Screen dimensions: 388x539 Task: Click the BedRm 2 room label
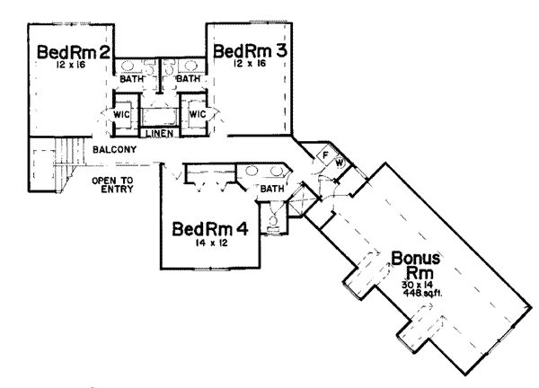click(74, 54)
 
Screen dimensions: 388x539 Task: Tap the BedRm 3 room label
click(251, 51)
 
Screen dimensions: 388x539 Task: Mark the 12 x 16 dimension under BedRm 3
click(246, 66)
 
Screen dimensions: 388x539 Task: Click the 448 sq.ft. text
click(420, 293)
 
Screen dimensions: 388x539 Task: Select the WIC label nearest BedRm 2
click(123, 115)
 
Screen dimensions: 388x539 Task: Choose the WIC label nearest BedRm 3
click(198, 115)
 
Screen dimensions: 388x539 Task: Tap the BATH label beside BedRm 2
click(132, 79)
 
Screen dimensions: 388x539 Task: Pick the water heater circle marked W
click(339, 163)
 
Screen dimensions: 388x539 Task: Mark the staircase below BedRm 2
click(52, 165)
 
